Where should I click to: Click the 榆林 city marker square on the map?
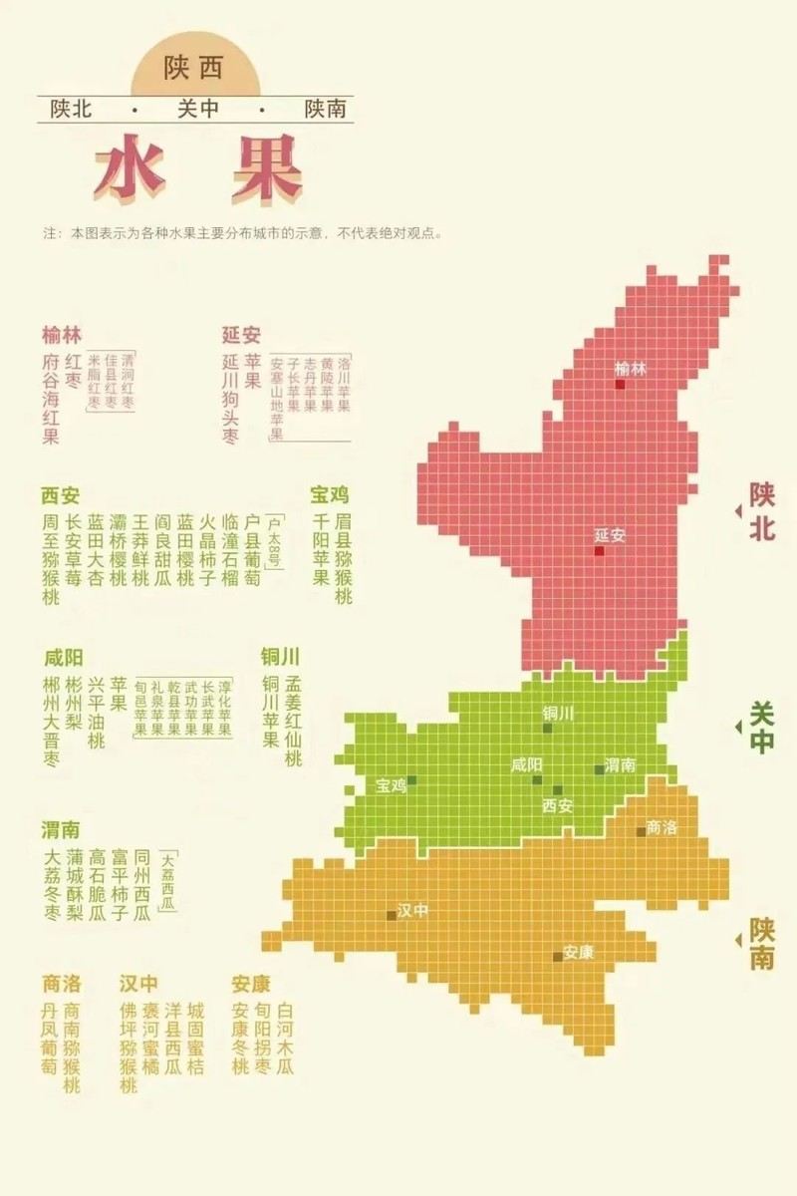pyautogui.click(x=620, y=384)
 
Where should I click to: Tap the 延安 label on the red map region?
pyautogui.click(x=610, y=535)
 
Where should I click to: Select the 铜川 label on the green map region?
pyautogui.click(x=558, y=713)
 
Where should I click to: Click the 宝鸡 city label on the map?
pyautogui.click(x=392, y=785)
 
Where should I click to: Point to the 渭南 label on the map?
pyautogui.click(x=621, y=765)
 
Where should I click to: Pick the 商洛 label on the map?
pyautogui.click(x=662, y=827)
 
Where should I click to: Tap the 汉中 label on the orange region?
pyautogui.click(x=412, y=910)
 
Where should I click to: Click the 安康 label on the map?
pyautogui.click(x=579, y=952)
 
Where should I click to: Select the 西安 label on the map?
pyautogui.click(x=558, y=805)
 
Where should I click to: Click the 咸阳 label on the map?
pyautogui.click(x=526, y=764)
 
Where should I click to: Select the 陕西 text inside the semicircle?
pyautogui.click(x=194, y=68)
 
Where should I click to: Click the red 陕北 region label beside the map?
pyautogui.click(x=762, y=511)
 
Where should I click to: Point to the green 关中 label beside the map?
pyautogui.click(x=762, y=728)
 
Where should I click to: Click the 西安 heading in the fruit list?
pyautogui.click(x=61, y=495)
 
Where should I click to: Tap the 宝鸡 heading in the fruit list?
pyautogui.click(x=330, y=495)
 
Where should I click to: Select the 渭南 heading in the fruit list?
pyautogui.click(x=61, y=830)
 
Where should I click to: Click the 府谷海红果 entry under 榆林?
pyautogui.click(x=51, y=399)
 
